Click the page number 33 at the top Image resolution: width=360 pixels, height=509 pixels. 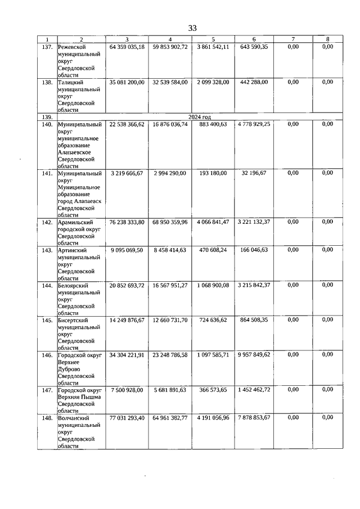point(192,28)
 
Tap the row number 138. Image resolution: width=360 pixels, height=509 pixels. point(47,82)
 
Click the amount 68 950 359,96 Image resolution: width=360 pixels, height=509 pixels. point(170,222)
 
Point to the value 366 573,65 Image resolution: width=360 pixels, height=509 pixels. point(213,390)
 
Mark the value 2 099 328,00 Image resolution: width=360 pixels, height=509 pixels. point(213,82)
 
